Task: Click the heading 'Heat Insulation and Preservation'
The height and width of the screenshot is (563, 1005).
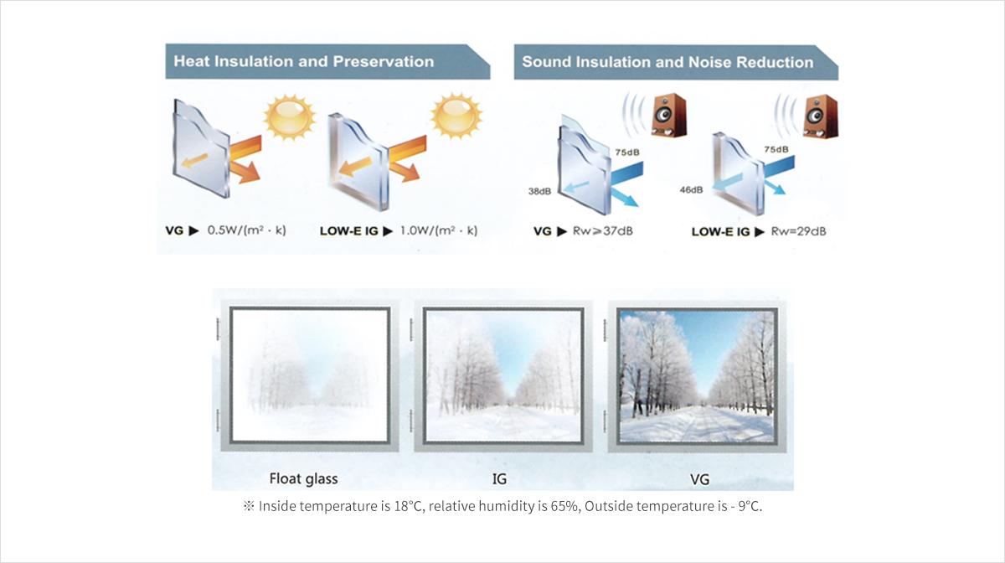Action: (x=304, y=61)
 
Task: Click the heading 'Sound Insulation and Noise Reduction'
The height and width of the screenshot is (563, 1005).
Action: (x=667, y=62)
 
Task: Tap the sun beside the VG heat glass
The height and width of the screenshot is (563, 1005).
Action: (x=290, y=116)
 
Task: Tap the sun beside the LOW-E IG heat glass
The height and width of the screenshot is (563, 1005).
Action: (x=456, y=116)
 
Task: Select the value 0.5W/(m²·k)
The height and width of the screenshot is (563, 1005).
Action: (x=246, y=230)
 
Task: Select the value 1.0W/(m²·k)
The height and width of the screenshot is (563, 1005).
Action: (x=439, y=230)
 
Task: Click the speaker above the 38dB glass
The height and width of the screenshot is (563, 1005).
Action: (x=668, y=115)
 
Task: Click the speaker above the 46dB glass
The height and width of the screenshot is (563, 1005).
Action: (x=820, y=116)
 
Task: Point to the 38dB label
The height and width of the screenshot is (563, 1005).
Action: (x=539, y=191)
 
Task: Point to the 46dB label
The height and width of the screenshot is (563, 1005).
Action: (x=691, y=190)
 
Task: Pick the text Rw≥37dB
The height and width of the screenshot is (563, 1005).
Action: (x=602, y=231)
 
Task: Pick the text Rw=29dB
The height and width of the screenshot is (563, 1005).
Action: (x=798, y=232)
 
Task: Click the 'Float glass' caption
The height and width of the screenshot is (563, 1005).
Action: (x=303, y=479)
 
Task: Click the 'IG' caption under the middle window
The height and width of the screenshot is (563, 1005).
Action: (x=499, y=479)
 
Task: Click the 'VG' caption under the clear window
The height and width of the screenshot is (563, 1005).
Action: (x=699, y=480)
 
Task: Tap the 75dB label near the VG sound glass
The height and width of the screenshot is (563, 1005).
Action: (x=627, y=152)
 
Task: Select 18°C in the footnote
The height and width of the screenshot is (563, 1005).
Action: (x=409, y=506)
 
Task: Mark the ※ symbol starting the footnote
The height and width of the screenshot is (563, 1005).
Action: (x=249, y=506)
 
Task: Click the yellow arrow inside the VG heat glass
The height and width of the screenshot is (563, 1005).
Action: (x=194, y=161)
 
